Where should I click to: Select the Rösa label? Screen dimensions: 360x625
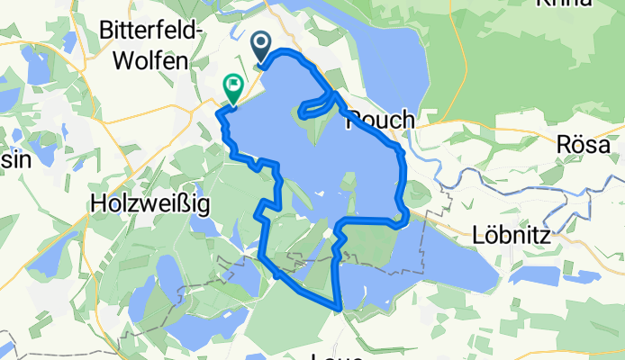point(584,144)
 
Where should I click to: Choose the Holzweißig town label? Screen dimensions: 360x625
point(151,204)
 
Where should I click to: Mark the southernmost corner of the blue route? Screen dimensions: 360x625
point(339,308)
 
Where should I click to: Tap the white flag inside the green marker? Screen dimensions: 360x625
point(232,85)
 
